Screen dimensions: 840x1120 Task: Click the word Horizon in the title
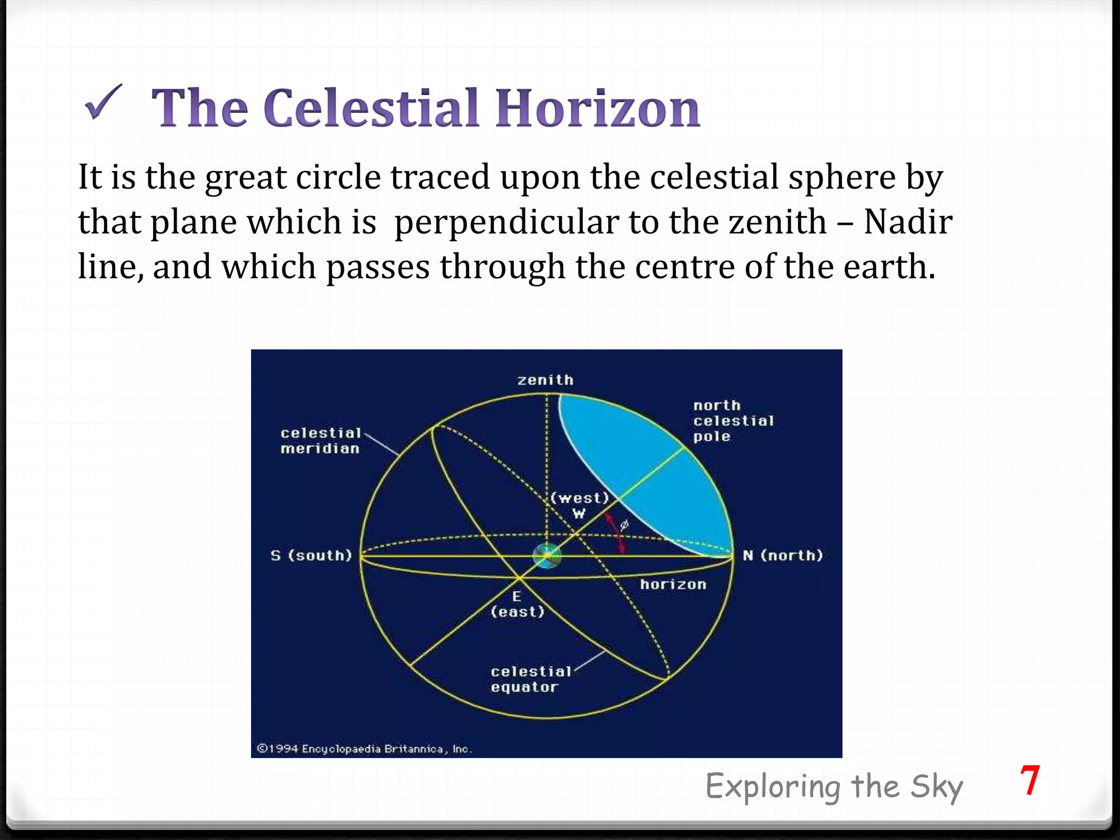pyautogui.click(x=597, y=108)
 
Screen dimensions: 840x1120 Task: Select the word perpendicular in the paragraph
pyautogui.click(x=506, y=223)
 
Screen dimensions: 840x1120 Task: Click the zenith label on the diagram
pyautogui.click(x=545, y=380)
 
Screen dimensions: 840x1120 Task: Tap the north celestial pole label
pyautogui.click(x=733, y=421)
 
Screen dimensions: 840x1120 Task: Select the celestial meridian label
pyautogui.click(x=320, y=441)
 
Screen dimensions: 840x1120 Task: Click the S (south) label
pyautogui.click(x=311, y=556)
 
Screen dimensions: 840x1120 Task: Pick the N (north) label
pyautogui.click(x=782, y=556)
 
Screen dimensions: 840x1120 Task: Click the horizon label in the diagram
pyautogui.click(x=673, y=585)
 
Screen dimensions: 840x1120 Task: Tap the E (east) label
pyautogui.click(x=517, y=604)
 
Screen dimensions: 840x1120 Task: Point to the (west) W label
pyautogui.click(x=579, y=505)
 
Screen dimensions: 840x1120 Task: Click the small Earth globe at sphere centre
pyautogui.click(x=546, y=556)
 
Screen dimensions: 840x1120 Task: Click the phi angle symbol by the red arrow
pyautogui.click(x=624, y=526)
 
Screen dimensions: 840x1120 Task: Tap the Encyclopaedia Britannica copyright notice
pyautogui.click(x=364, y=749)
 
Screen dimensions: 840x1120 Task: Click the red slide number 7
pyautogui.click(x=1029, y=781)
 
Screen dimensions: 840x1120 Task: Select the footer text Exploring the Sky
pyautogui.click(x=833, y=787)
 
